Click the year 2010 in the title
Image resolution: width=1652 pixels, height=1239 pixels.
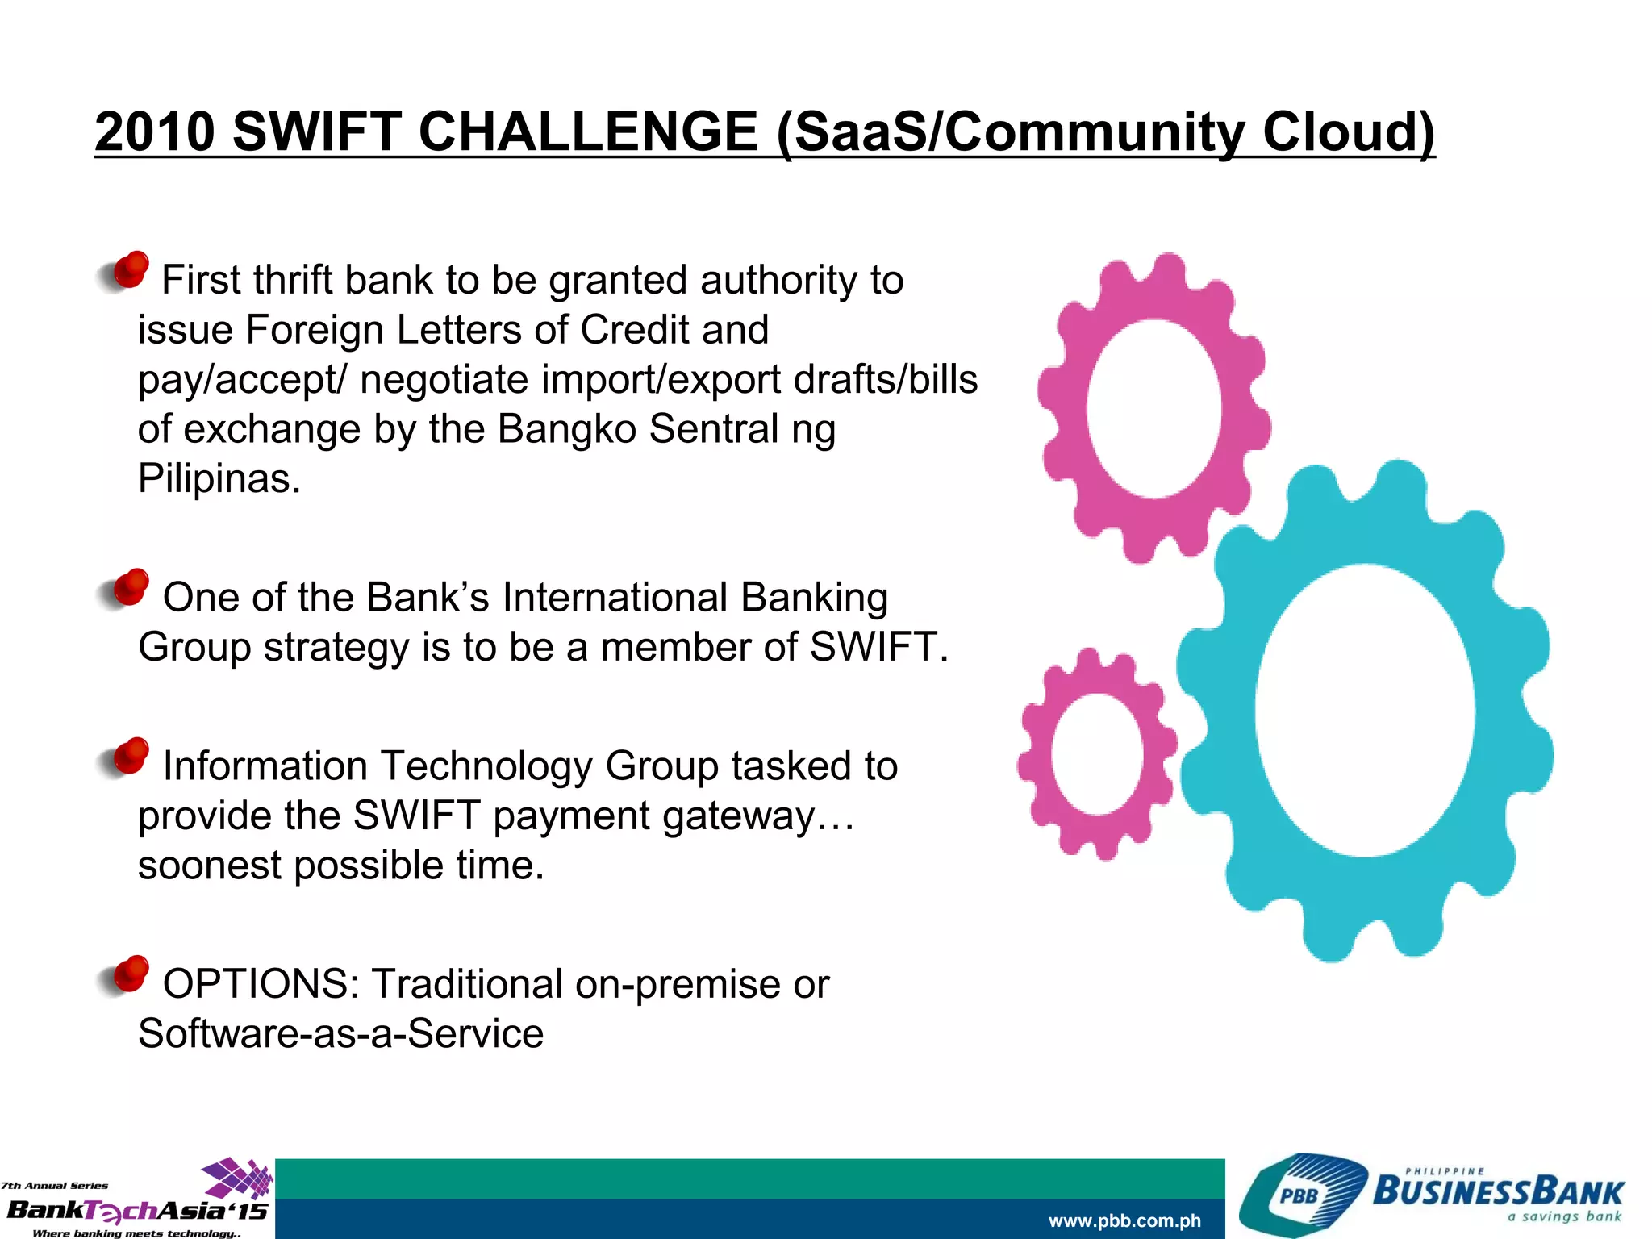(155, 131)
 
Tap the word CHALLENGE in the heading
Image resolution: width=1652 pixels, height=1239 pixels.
(588, 131)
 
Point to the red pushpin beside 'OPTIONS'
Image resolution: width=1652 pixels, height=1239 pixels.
(130, 974)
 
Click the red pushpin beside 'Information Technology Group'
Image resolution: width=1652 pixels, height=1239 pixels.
(130, 757)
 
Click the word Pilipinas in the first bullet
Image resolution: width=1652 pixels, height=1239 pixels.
(219, 479)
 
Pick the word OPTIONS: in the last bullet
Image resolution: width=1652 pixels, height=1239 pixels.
(261, 984)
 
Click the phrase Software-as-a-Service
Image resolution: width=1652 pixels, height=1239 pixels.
(340, 1034)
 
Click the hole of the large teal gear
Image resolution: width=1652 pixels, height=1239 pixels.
(1364, 710)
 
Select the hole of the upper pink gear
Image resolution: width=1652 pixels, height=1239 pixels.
(1153, 408)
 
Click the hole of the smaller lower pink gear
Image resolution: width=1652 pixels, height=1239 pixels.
(1096, 753)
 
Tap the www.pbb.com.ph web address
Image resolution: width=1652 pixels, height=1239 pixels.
(1124, 1220)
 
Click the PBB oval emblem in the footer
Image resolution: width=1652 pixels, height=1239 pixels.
(1299, 1195)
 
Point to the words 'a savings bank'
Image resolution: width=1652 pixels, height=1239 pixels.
(1564, 1216)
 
